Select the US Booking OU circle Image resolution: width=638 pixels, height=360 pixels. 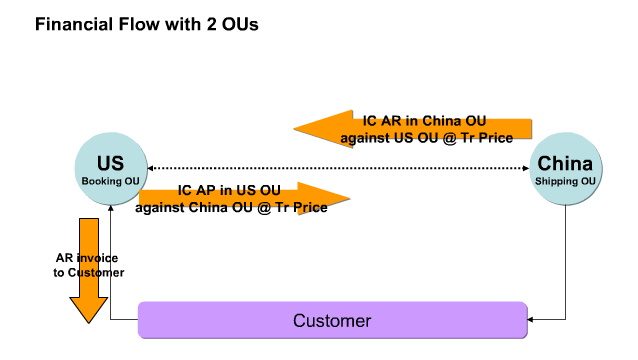[x=110, y=169]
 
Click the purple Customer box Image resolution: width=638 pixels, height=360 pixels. [x=331, y=321]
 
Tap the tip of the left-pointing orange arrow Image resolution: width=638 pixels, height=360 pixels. [x=295, y=128]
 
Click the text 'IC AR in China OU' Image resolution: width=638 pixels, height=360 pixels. [x=425, y=121]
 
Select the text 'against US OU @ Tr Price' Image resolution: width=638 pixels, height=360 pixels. [x=427, y=137]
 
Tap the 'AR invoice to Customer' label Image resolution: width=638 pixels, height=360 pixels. [x=89, y=264]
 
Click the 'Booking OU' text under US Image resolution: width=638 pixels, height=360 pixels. [x=110, y=181]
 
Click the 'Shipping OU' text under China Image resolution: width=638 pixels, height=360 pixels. [x=565, y=181]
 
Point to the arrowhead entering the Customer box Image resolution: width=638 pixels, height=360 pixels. [x=531, y=320]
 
